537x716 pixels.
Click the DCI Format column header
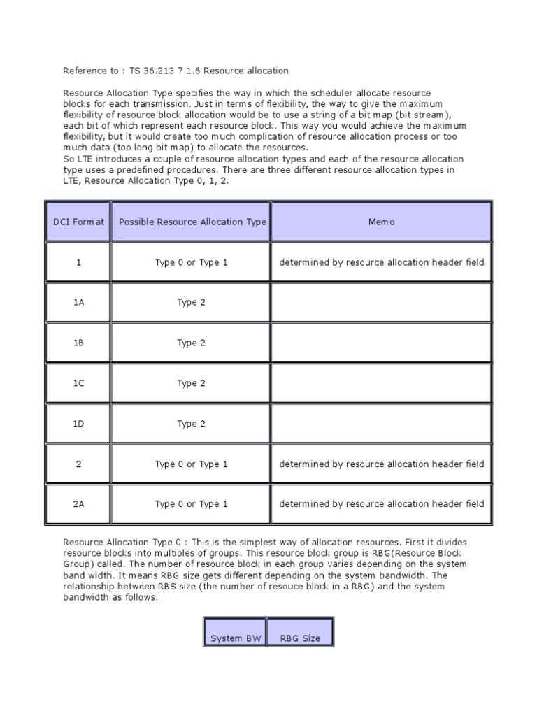(x=78, y=222)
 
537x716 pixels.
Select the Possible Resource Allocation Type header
(x=192, y=222)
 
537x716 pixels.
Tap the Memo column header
(x=381, y=222)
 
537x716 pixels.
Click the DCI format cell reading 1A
(x=78, y=303)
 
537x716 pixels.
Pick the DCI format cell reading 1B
(x=78, y=343)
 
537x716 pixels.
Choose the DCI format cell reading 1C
(x=78, y=383)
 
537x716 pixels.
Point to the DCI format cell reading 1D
(x=78, y=424)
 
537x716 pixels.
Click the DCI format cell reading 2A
(x=78, y=504)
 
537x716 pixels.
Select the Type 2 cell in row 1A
(x=191, y=303)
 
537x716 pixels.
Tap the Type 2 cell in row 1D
(x=191, y=424)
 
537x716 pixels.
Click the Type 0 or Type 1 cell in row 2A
(x=191, y=504)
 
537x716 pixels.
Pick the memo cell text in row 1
(x=381, y=262)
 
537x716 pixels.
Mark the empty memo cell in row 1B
(x=381, y=343)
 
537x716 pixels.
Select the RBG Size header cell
(x=300, y=638)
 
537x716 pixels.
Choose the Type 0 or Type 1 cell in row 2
(x=191, y=464)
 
